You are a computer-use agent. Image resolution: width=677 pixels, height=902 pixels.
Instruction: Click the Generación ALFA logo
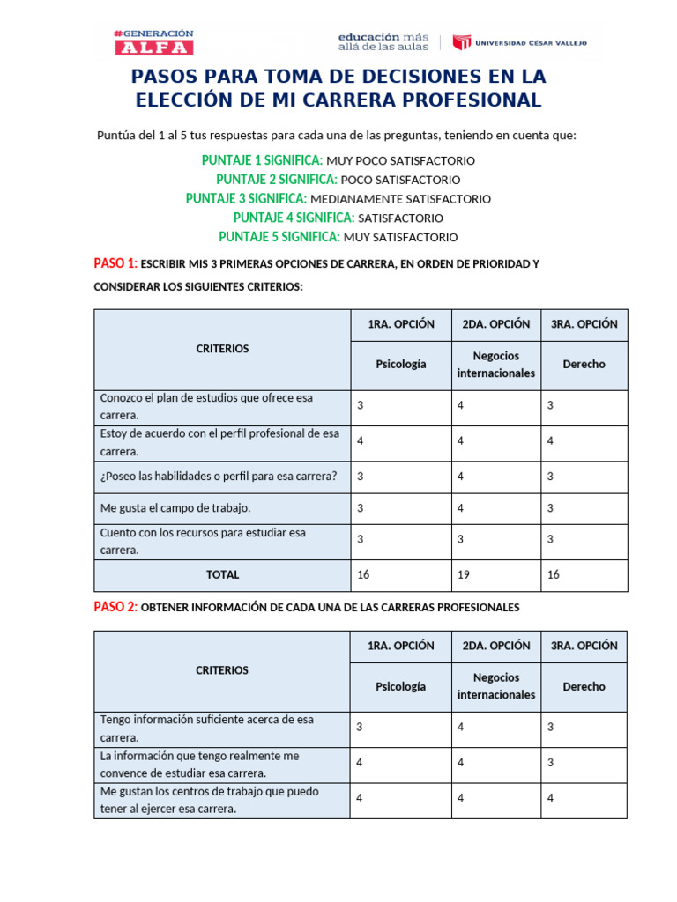point(153,42)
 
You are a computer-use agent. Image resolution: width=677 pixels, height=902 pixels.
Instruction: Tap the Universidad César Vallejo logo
point(519,42)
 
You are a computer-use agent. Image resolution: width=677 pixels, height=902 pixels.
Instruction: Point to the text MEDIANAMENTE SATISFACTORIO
point(400,199)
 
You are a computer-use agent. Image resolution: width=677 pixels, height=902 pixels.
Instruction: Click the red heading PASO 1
point(115,263)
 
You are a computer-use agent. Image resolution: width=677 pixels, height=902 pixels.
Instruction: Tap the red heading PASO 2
point(115,607)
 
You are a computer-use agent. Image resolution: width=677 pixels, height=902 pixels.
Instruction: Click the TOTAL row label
point(222,574)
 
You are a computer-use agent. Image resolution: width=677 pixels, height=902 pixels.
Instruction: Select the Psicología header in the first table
point(400,364)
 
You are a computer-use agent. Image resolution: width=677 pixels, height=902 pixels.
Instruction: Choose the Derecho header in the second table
point(584,686)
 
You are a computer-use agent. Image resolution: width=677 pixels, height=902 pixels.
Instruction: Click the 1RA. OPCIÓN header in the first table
point(400,324)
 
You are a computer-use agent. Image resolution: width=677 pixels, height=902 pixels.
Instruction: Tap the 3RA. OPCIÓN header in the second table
point(584,646)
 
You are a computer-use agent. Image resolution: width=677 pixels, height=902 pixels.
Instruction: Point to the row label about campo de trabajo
point(175,508)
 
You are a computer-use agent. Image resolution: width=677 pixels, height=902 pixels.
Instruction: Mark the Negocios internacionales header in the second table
point(495,686)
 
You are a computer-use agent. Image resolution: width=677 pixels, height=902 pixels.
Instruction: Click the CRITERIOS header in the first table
point(222,349)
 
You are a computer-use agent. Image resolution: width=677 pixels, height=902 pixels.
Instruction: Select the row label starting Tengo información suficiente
point(207,728)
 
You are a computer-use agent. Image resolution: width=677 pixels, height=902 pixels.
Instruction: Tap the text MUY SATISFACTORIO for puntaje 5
point(400,238)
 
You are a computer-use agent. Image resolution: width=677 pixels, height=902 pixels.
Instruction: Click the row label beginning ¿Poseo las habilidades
point(219,477)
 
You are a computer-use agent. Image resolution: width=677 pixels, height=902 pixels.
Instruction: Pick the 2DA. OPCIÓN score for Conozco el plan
point(461,405)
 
